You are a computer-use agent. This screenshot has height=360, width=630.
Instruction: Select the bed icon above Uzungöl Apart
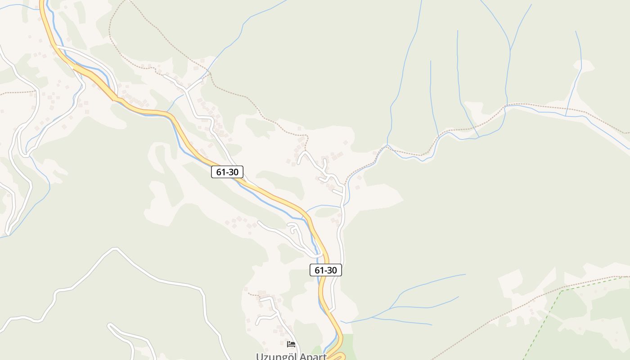click(x=291, y=344)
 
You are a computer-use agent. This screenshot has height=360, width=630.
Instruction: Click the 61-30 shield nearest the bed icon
click(x=326, y=270)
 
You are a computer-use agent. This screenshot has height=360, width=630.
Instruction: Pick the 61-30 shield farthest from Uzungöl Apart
click(x=227, y=171)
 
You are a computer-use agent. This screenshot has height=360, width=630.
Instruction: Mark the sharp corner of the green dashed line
click(x=561, y=291)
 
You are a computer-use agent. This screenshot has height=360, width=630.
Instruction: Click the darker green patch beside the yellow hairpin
click(x=349, y=344)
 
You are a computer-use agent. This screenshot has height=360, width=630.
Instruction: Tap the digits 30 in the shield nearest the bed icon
click(x=331, y=270)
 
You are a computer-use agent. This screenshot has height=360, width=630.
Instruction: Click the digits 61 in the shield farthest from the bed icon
click(x=221, y=171)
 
